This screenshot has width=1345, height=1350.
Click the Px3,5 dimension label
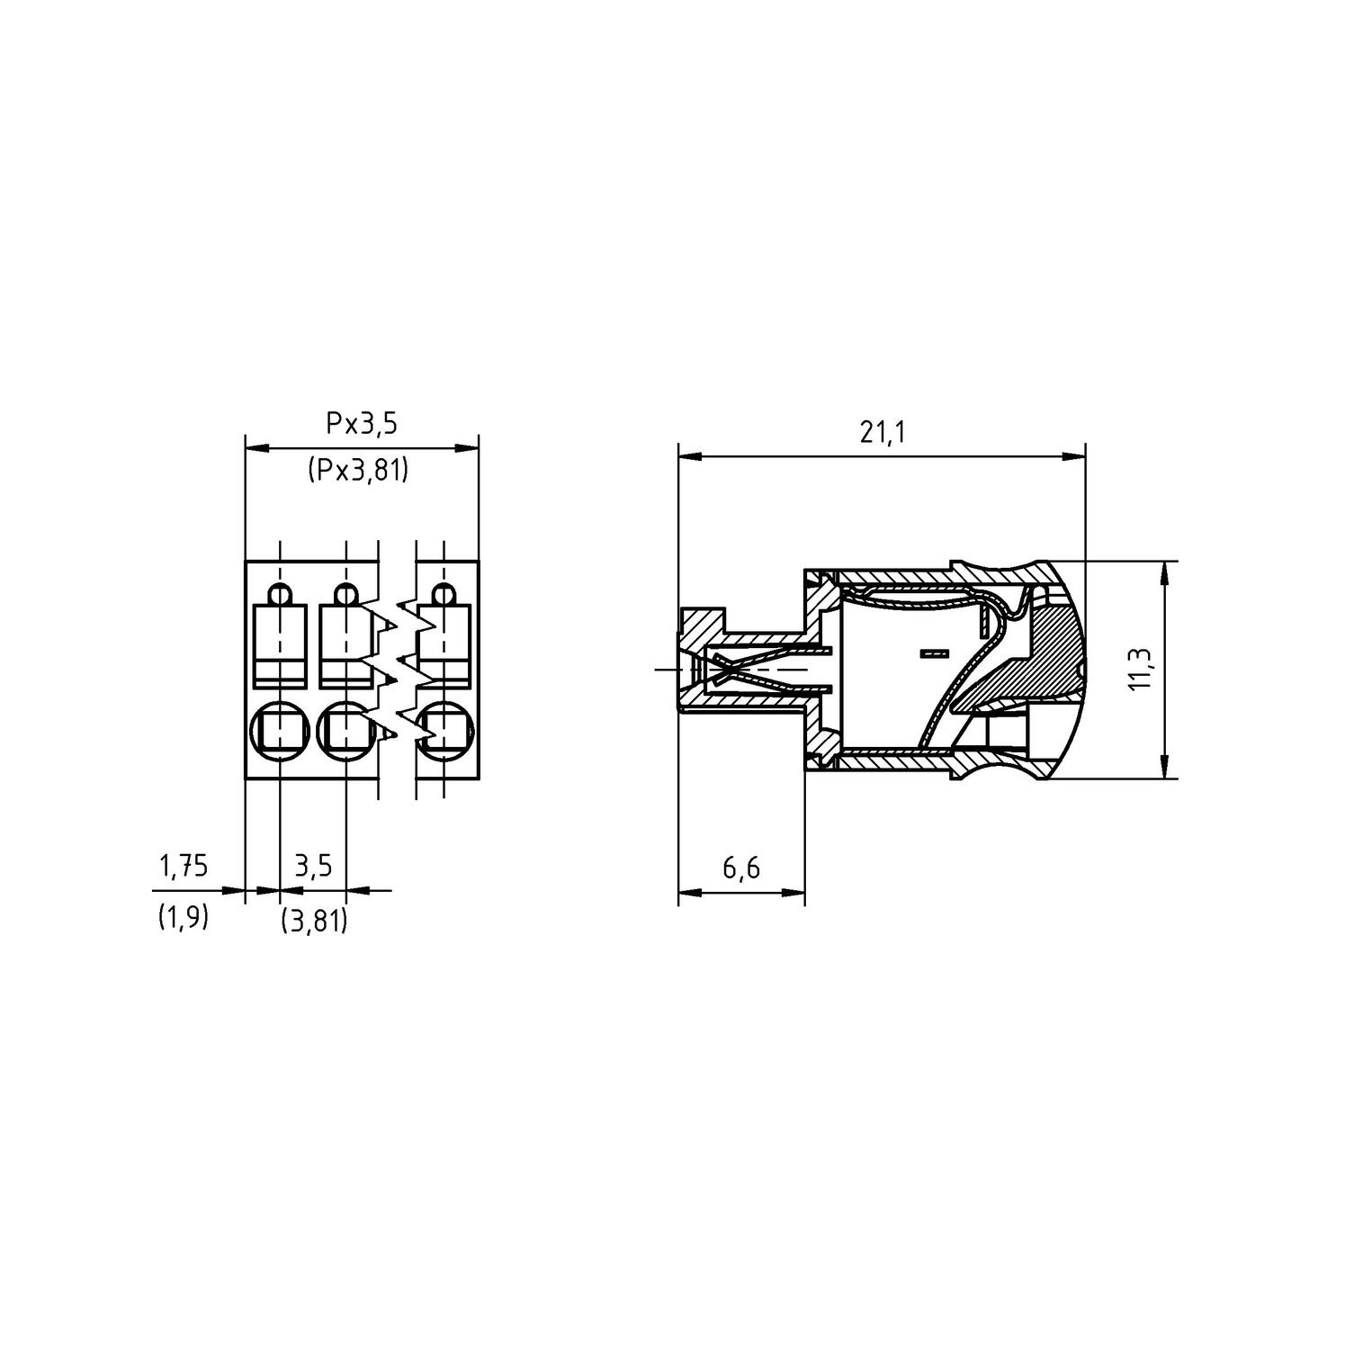(x=362, y=423)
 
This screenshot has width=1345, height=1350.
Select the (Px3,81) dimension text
(x=359, y=470)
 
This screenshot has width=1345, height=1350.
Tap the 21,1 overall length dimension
(x=882, y=433)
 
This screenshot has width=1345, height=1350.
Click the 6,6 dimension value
(x=741, y=868)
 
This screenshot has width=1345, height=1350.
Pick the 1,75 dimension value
(x=184, y=866)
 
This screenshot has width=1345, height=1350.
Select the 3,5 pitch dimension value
(x=314, y=866)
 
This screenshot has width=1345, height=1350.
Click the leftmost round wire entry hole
(x=280, y=729)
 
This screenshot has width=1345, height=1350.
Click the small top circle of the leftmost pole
(x=280, y=594)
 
